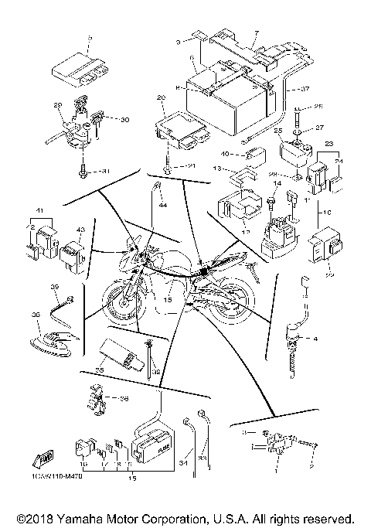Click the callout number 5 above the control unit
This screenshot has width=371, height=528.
(90, 38)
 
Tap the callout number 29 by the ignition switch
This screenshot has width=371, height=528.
(57, 104)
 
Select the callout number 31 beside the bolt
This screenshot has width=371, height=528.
(107, 171)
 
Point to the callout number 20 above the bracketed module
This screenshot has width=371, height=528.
(162, 97)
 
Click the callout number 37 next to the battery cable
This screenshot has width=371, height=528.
(305, 87)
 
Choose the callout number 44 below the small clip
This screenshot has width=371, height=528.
(162, 206)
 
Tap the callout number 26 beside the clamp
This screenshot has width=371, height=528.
(124, 399)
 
